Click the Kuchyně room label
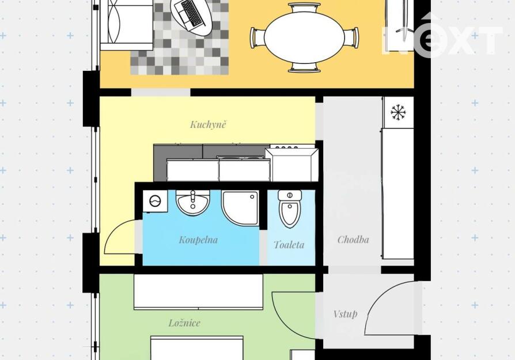pyautogui.click(x=208, y=124)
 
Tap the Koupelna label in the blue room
pyautogui.click(x=198, y=240)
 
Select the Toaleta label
pyautogui.click(x=289, y=245)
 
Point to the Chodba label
pyautogui.click(x=353, y=240)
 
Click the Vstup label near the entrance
pyautogui.click(x=345, y=314)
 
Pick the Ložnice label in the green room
pyautogui.click(x=184, y=323)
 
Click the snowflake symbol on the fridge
pyautogui.click(x=399, y=113)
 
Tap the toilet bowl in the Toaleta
pyautogui.click(x=290, y=209)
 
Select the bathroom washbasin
pyautogui.click(x=193, y=203)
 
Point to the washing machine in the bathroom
pyautogui.click(x=155, y=200)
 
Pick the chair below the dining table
pyautogui.click(x=305, y=67)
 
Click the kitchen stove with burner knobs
pyautogui.click(x=291, y=163)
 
